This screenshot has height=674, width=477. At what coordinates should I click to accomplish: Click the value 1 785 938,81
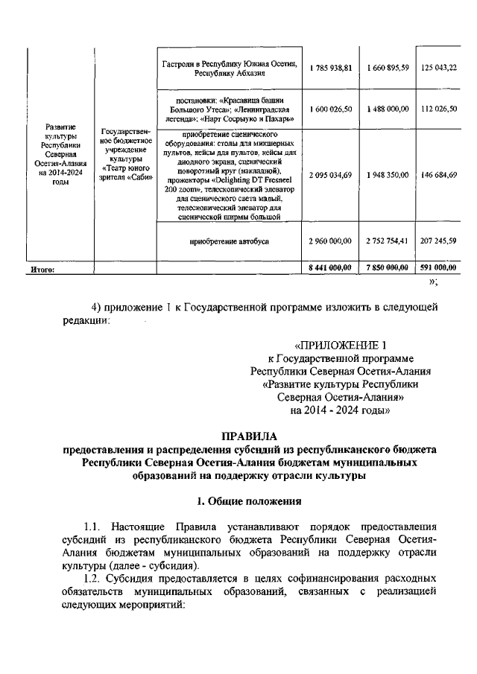point(329,68)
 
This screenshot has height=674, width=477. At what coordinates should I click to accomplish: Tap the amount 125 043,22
point(438,68)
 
